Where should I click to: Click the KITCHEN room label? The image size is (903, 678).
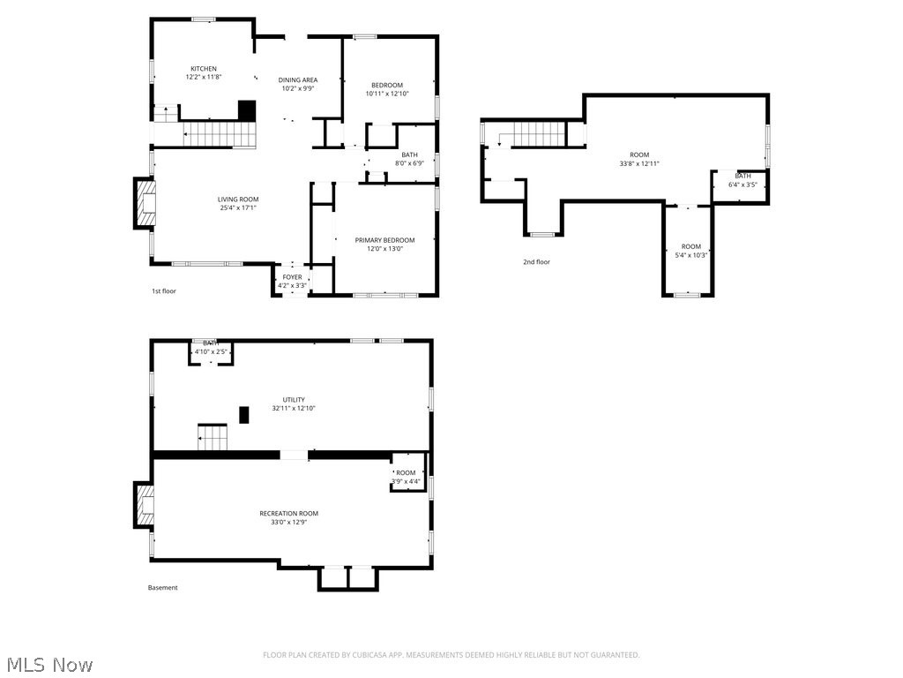click(204, 69)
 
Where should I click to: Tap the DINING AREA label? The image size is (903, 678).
click(298, 79)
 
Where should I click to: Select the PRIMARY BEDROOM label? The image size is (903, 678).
click(384, 240)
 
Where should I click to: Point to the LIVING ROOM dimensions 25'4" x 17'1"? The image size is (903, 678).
click(238, 208)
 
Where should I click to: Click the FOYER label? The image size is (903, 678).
click(292, 277)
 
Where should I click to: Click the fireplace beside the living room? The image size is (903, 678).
click(144, 204)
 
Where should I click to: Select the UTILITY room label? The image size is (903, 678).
click(294, 400)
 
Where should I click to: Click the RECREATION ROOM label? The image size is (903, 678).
click(288, 513)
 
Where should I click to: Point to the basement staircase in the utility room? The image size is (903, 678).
click(213, 437)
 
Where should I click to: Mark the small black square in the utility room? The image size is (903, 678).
click(244, 414)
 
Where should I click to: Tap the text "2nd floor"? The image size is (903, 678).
click(536, 262)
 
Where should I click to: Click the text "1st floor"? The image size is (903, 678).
click(163, 290)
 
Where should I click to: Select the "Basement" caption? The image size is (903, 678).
click(162, 588)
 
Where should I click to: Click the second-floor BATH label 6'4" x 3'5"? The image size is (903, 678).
click(743, 176)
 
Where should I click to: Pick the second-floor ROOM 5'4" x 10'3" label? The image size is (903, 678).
click(690, 246)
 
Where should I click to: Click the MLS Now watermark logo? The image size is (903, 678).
click(49, 664)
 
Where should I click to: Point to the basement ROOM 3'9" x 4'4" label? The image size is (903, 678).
click(406, 473)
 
